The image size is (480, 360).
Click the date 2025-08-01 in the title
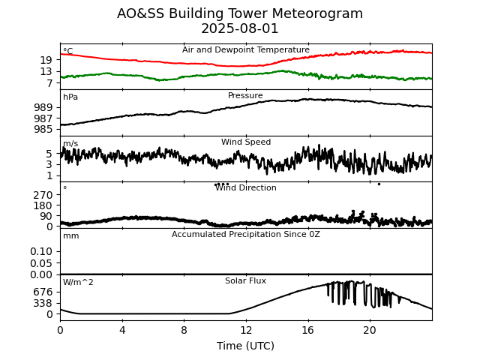pyautogui.click(x=240, y=29)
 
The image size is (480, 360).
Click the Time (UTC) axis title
pyautogui.click(x=245, y=346)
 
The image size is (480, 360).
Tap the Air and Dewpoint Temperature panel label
pyautogui.click(x=246, y=50)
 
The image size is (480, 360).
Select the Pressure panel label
pyautogui.click(x=245, y=96)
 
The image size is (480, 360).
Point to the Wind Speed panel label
pyautogui.click(x=246, y=142)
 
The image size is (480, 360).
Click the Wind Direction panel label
pyautogui.click(x=246, y=188)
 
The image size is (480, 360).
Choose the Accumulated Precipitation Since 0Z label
pyautogui.click(x=246, y=235)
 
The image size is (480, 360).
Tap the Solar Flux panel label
pyautogui.click(x=245, y=281)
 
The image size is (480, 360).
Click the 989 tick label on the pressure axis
pyautogui.click(x=43, y=107)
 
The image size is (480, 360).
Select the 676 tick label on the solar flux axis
pyautogui.click(x=43, y=292)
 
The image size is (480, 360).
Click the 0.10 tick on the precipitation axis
pyautogui.click(x=42, y=251)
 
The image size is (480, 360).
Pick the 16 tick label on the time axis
pyautogui.click(x=307, y=330)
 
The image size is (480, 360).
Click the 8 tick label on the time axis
pyautogui.click(x=184, y=330)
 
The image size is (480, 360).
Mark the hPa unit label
pyautogui.click(x=70, y=97)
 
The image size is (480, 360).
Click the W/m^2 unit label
pyautogui.click(x=78, y=283)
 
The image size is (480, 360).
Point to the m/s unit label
pyautogui.click(x=70, y=144)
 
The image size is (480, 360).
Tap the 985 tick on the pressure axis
pyautogui.click(x=43, y=129)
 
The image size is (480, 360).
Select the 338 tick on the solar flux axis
pyautogui.click(x=43, y=303)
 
